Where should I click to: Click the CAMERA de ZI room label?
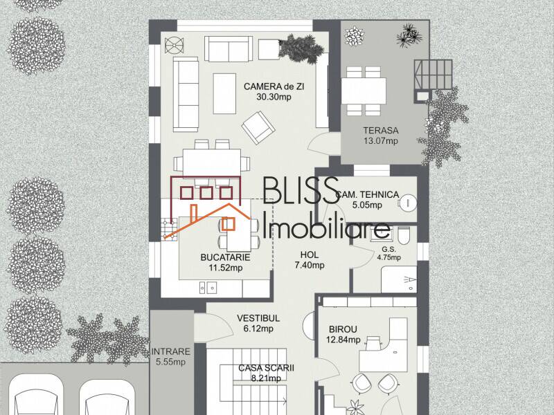pyautogui.click(x=274, y=86)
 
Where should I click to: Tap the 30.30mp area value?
pyautogui.click(x=274, y=98)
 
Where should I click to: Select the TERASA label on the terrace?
pyautogui.click(x=381, y=131)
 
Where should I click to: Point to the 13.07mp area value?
pyautogui.click(x=381, y=142)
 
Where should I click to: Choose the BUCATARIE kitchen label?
pyautogui.click(x=225, y=257)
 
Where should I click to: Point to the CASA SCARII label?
pyautogui.click(x=266, y=368)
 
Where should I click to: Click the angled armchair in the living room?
pyautogui.click(x=257, y=127)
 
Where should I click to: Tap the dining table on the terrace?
pyautogui.click(x=364, y=90)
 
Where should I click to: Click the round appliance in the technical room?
pyautogui.click(x=409, y=203)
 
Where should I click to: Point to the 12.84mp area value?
pyautogui.click(x=343, y=340)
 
